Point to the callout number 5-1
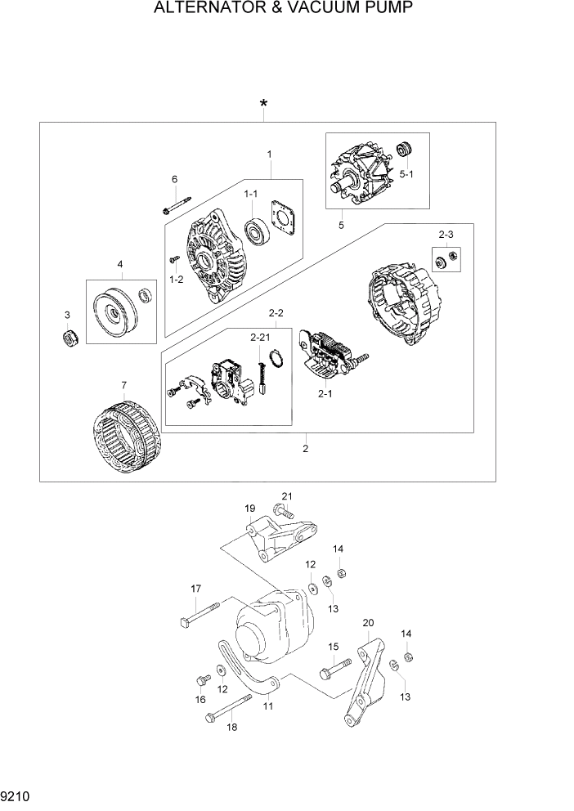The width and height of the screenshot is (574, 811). coord(406,174)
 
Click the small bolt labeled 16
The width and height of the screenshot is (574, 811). coord(200,680)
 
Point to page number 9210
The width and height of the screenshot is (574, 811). coord(16,795)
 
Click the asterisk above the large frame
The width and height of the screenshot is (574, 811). coord(263,105)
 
